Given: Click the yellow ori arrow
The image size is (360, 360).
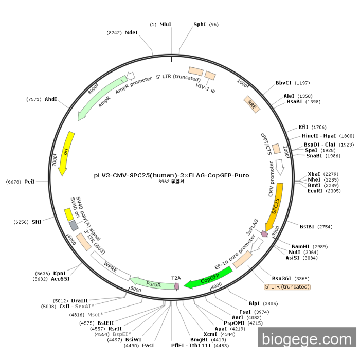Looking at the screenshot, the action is pos(66,153).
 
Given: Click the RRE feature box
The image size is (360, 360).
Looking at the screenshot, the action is pos(252,104).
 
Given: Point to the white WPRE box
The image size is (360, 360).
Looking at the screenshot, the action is pos(111,266).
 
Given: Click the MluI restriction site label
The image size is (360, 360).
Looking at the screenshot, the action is pos(165,24).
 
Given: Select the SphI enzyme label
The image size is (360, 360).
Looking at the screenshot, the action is pos(200,24).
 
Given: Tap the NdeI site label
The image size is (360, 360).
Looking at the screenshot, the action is pos(131,32).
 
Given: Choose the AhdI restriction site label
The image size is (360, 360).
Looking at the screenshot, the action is pos(51,99).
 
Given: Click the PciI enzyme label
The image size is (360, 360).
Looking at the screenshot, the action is pos(29,182).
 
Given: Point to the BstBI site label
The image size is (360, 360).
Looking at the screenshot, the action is pos(307,227).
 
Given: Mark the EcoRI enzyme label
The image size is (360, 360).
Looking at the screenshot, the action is pos(315,191).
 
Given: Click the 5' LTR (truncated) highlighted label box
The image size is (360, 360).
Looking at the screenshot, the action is pos(287,287).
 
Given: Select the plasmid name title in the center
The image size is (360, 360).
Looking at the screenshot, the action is pos(171,175).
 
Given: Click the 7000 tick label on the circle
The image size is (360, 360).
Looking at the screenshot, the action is pos(55,160).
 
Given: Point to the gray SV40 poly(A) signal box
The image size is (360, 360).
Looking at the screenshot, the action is pos(74,225).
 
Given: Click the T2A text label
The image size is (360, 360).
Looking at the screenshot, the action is pos(176,278).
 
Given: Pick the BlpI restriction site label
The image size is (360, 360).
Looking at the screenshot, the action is pos(254,303).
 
